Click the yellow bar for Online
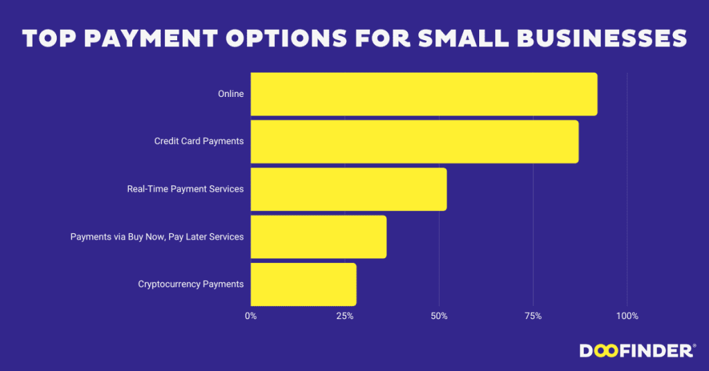point(423,94)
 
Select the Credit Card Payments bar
point(414,141)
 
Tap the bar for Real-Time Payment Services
point(348,189)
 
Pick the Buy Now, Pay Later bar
point(318,237)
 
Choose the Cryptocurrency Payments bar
point(303,284)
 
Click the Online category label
point(231,94)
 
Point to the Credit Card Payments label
point(199,141)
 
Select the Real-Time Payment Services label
point(185,189)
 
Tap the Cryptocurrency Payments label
point(190,284)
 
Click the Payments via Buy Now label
point(157,237)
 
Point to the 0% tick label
point(251,316)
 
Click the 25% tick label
point(345,316)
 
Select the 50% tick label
point(439,316)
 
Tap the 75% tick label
point(533,316)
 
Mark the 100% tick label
point(627,316)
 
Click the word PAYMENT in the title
point(145,39)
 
